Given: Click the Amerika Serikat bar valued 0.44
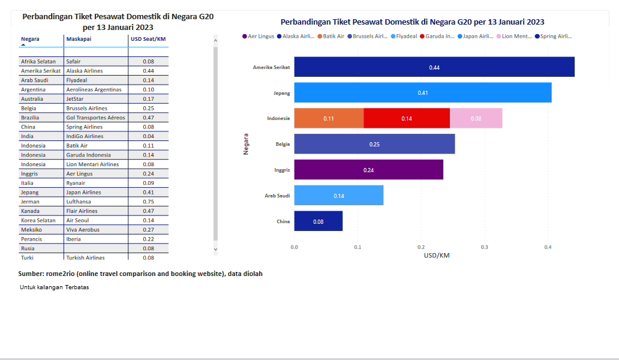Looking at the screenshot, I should coord(434,67).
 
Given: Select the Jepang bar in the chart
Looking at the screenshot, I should coord(423,92).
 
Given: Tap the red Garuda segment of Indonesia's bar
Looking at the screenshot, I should coord(407,118).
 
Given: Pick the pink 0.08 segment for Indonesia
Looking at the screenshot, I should coord(476,118).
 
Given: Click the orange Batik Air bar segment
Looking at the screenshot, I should coord(329,118).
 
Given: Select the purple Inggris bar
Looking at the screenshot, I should coord(368,170).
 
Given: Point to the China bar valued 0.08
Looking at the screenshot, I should coord(318,221).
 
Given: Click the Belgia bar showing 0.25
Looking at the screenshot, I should coord(374,144).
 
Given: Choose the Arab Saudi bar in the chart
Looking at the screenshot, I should coord(339,196).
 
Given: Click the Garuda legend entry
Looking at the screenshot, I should coord(440,37).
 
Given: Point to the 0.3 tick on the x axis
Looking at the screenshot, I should coord(485,247).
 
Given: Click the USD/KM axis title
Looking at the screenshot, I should coord(437,256).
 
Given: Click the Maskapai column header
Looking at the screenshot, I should coord(79,39).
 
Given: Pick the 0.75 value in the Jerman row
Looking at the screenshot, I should coord(149,202).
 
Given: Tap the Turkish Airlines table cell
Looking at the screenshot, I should coord(85,258).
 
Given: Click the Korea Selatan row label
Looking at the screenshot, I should coord(38,220).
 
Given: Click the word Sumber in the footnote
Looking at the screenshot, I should coord(31,274).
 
